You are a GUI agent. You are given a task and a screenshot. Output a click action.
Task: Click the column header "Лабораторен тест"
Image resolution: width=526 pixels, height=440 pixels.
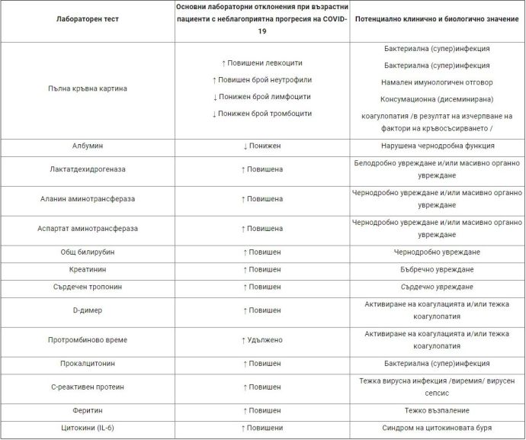(x=88, y=20)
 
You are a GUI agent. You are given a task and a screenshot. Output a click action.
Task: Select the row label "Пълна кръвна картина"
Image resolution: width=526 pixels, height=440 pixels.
(x=88, y=88)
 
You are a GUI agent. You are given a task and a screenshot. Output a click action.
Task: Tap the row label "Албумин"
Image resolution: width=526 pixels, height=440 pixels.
(x=88, y=145)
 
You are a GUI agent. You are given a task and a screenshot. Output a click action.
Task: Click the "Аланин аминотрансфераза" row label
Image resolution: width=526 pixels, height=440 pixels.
(x=88, y=199)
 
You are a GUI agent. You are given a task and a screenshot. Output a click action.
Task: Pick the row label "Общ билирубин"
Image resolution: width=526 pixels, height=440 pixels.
(x=88, y=252)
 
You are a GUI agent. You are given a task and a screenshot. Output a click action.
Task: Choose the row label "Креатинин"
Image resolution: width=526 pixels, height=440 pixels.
(x=88, y=269)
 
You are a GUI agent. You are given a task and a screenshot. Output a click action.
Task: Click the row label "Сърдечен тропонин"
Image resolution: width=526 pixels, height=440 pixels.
(x=88, y=287)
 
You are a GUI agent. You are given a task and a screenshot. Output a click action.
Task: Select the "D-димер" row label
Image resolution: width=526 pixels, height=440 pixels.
(x=88, y=310)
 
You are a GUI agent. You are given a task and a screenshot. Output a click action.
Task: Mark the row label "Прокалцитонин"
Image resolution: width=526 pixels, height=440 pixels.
(x=88, y=363)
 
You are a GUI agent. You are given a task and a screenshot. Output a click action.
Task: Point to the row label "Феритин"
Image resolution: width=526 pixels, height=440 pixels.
(x=88, y=410)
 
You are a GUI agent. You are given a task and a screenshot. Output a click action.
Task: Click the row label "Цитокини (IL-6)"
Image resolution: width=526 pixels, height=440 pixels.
(x=88, y=428)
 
